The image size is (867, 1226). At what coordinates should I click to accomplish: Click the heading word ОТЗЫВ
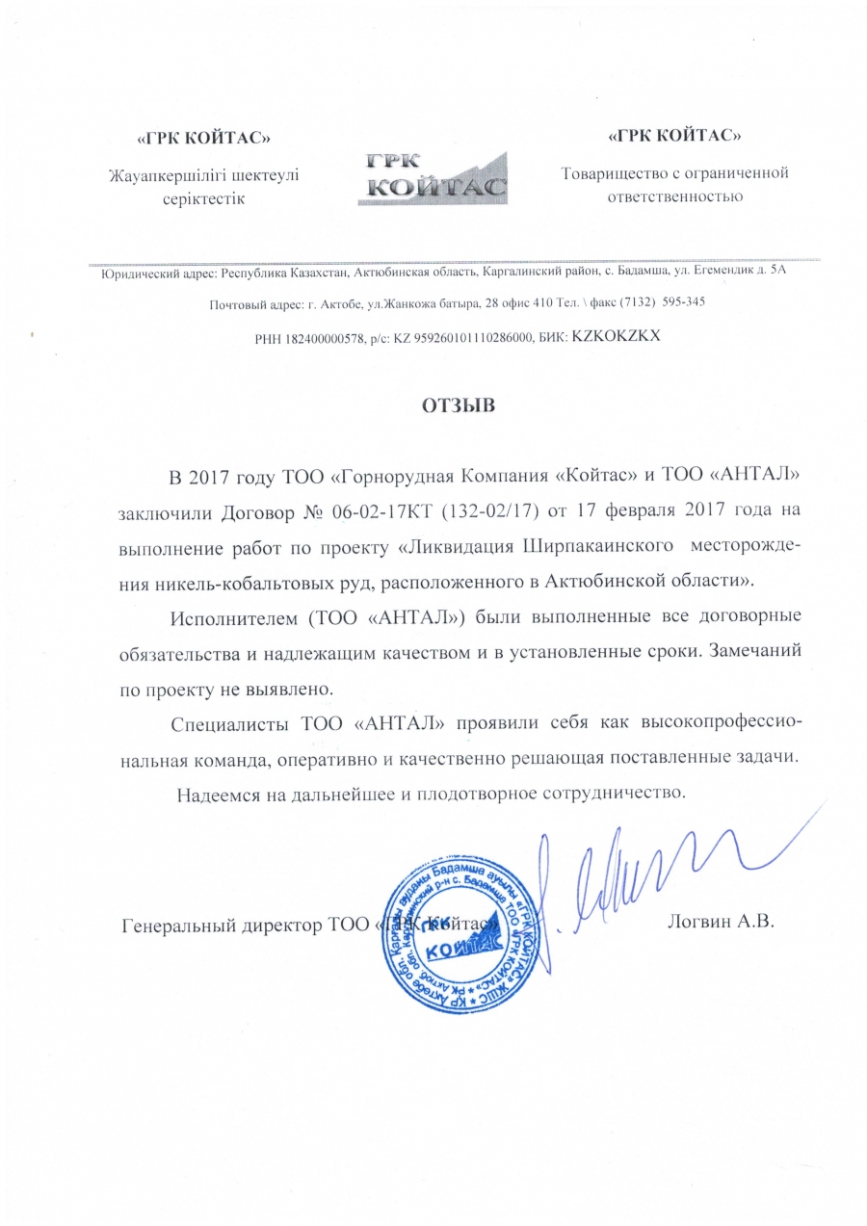click(x=458, y=405)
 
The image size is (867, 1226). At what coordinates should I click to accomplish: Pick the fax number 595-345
click(x=679, y=302)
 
